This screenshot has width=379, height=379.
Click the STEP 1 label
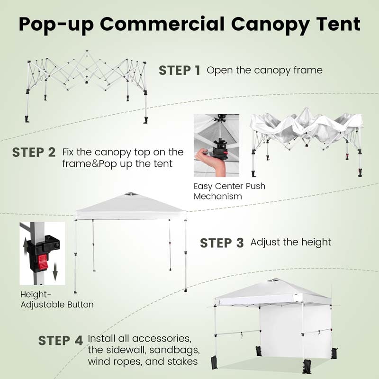pyautogui.click(x=180, y=71)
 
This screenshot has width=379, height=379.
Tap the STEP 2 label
pyautogui.click(x=34, y=153)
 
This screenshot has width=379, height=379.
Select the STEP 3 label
pyautogui.click(x=222, y=243)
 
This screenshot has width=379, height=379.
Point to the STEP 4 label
pyautogui.click(x=60, y=340)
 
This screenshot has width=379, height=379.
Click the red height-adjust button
pyautogui.click(x=43, y=262)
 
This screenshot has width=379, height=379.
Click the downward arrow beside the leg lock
pyautogui.click(x=55, y=273)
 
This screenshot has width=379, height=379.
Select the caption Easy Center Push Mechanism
pyautogui.click(x=229, y=191)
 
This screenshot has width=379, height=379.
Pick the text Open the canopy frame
pyautogui.click(x=264, y=71)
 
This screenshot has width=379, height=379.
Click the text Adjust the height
pyautogui.click(x=290, y=242)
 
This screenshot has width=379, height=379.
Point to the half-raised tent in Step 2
pyautogui.click(x=306, y=135)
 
